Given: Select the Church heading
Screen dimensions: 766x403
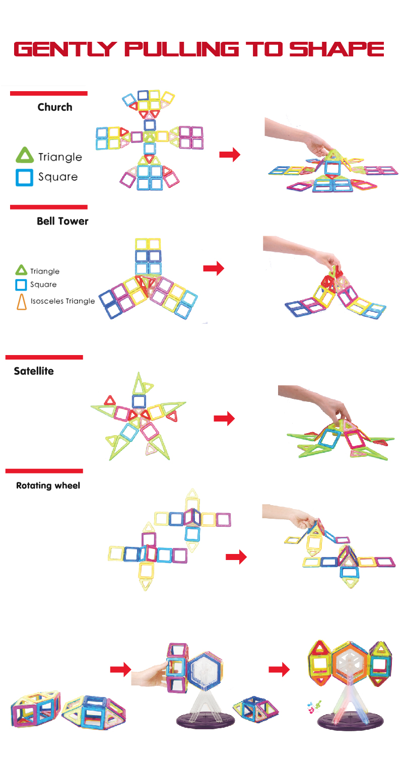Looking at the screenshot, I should [x=55, y=107].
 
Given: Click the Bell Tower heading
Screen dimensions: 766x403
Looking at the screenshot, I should [x=62, y=221].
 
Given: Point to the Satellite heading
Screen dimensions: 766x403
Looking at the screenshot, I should [x=34, y=371].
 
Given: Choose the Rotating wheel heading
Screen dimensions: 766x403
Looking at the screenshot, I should [x=48, y=486].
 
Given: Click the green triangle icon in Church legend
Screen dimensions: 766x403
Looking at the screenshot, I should [x=24, y=156].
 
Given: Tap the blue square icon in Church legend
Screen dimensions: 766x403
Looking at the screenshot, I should [x=24, y=177].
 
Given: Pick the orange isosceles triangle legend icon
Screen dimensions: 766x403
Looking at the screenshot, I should [x=21, y=301].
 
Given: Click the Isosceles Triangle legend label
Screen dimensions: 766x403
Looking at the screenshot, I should [x=62, y=301].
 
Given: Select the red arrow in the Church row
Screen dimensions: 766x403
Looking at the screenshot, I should [x=229, y=155].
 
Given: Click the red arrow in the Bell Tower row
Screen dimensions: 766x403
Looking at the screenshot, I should [x=213, y=269].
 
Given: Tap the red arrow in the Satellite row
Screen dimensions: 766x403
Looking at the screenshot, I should [x=224, y=419].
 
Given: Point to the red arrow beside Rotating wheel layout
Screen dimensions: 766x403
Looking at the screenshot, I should [x=236, y=557].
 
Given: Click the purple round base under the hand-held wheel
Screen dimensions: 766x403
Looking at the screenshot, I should [x=205, y=720].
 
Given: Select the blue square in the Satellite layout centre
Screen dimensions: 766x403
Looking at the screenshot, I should [x=139, y=401].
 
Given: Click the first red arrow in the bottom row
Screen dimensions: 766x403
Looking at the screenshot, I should [x=120, y=670].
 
